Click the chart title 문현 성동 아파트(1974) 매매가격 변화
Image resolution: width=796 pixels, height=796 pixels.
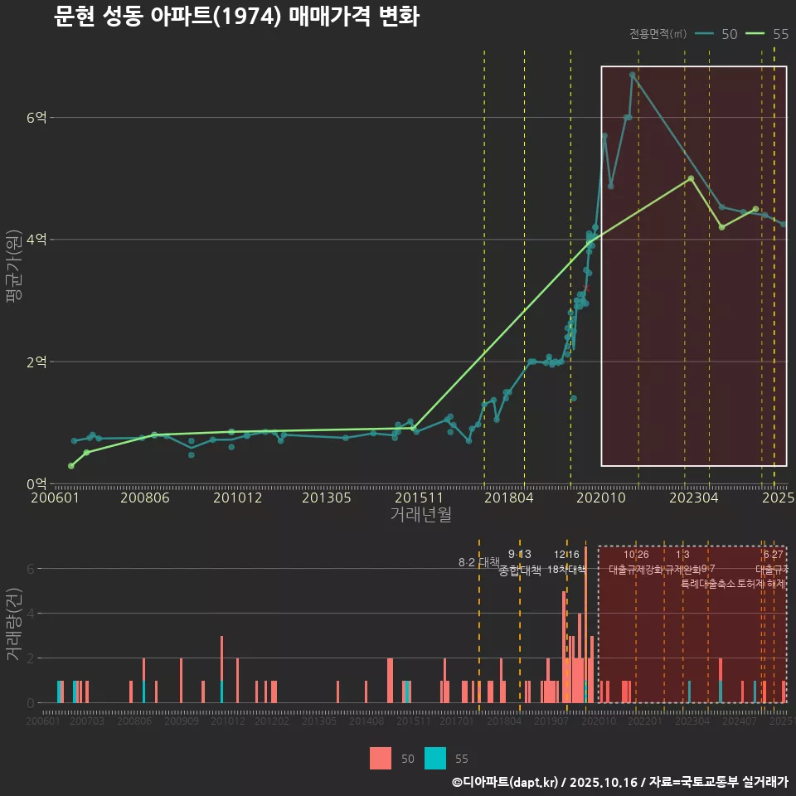[x=236, y=17]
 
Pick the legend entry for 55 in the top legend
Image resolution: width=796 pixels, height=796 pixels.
[x=768, y=34]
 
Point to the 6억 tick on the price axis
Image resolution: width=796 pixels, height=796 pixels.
[x=36, y=118]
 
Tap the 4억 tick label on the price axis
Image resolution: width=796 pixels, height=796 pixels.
[x=36, y=240]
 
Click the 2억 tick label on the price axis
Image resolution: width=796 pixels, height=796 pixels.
[x=36, y=362]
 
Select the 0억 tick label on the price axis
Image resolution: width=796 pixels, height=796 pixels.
[x=36, y=483]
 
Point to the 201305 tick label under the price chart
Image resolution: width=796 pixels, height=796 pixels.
[x=326, y=498]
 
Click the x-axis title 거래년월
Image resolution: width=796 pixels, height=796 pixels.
[x=420, y=515]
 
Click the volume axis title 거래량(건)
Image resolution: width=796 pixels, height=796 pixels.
[x=14, y=624]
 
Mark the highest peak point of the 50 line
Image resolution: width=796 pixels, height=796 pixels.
[x=632, y=75]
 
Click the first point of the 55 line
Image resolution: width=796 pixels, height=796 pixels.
[x=71, y=466]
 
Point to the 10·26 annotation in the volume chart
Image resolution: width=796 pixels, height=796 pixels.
[x=636, y=554]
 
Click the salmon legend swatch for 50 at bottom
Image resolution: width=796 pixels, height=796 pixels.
[x=381, y=758]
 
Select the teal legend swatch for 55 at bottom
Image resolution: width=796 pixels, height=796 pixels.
[x=435, y=758]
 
